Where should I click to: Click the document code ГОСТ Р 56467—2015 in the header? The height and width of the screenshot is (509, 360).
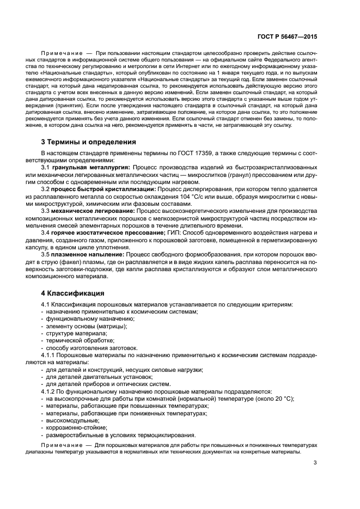pyautogui.click(x=288, y=36)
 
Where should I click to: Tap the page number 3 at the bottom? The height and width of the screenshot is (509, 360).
pyautogui.click(x=315, y=463)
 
